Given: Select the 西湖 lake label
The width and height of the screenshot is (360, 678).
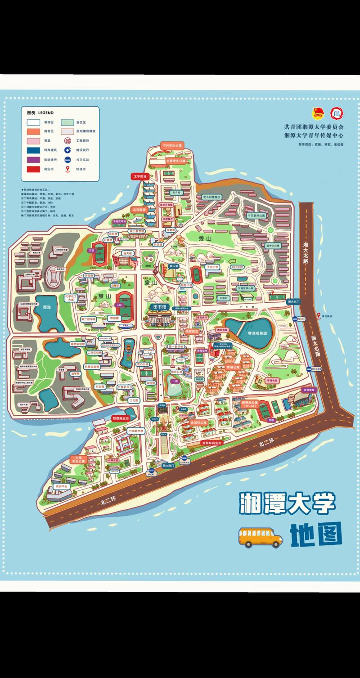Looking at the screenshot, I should tap(47, 308).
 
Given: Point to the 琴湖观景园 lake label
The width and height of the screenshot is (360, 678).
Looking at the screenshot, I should tap(255, 333).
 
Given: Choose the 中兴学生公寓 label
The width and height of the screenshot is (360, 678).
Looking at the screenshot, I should tap(173, 145).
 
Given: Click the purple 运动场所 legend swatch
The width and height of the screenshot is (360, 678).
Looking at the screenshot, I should tap(33, 159).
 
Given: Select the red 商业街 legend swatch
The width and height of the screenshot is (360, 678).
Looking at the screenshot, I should tap(33, 169).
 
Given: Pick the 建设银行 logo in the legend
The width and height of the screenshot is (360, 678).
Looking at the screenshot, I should tap(67, 150).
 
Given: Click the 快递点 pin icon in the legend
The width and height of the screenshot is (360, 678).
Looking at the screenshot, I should tap(67, 169).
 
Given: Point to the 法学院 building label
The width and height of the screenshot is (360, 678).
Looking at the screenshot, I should tap(75, 373).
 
